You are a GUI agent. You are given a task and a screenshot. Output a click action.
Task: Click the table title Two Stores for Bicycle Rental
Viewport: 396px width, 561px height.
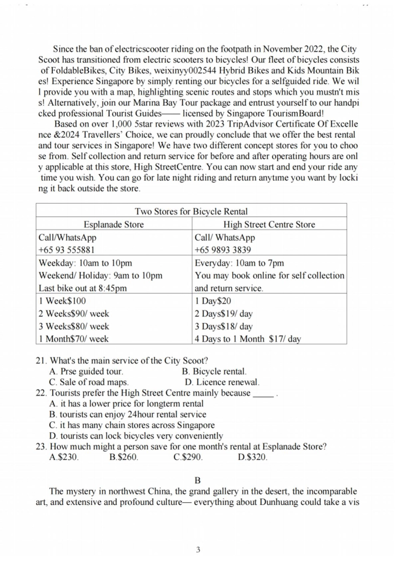point(191,211)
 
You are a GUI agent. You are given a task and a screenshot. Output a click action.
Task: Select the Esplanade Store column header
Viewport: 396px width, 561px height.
point(113,224)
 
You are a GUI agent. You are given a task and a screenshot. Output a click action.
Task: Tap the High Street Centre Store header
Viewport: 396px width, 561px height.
point(269,224)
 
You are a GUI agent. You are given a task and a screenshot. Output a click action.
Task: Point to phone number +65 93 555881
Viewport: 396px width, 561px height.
point(67,250)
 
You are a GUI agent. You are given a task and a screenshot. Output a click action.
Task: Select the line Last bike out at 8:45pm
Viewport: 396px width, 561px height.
point(83,288)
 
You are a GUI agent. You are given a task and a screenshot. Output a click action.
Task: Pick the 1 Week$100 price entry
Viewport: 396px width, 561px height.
point(62,301)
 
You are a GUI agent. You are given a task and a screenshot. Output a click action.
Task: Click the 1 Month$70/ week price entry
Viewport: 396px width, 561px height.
point(73,339)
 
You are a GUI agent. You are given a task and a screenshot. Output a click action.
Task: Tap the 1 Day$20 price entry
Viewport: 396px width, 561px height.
point(213,301)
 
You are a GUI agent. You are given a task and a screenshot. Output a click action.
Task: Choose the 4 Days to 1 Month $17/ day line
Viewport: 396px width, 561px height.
point(248,339)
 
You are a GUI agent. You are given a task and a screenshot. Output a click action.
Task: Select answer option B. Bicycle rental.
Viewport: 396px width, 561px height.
point(214,371)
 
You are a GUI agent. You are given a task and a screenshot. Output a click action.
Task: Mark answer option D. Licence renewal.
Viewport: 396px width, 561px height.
point(222,382)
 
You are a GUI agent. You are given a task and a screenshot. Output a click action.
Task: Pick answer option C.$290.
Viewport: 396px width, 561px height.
point(188,457)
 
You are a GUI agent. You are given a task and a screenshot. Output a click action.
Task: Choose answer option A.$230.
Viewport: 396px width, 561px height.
point(64,457)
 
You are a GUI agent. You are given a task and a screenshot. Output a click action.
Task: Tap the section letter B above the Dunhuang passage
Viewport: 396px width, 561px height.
point(198,480)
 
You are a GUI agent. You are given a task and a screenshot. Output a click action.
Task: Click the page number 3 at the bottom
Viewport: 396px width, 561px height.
point(198,549)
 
